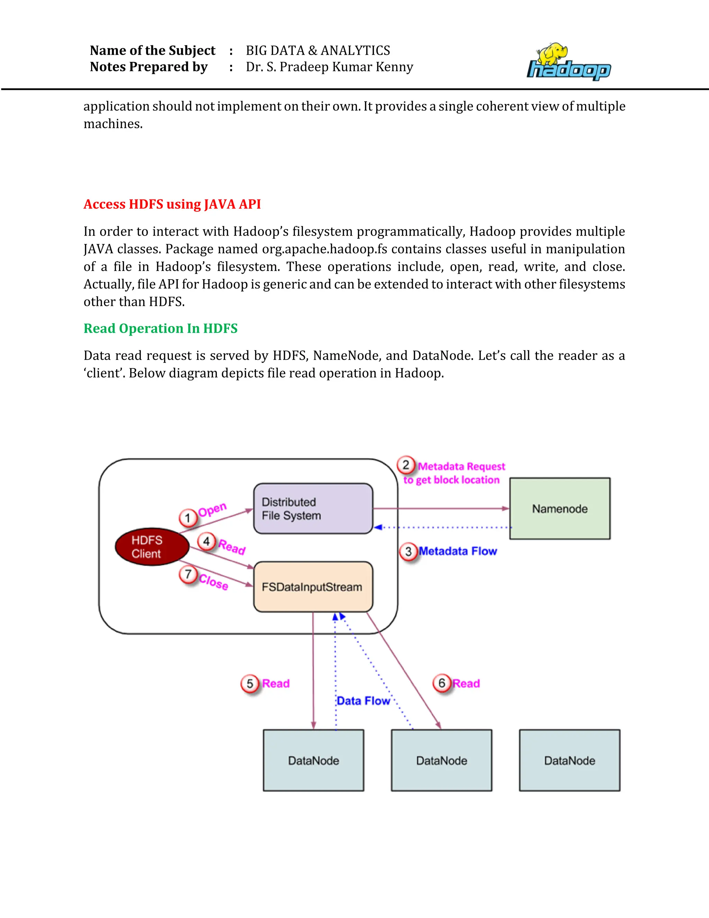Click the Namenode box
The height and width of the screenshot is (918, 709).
[559, 509]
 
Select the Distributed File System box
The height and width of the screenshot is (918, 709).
[313, 509]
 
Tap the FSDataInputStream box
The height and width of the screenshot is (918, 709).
[313, 587]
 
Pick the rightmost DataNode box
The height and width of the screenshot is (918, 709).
[569, 760]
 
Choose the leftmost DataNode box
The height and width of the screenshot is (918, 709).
[313, 760]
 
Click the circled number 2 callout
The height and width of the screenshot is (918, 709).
[406, 465]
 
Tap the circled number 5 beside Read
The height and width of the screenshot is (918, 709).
[250, 683]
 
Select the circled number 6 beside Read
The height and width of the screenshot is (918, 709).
[442, 683]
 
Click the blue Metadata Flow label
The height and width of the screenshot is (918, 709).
[458, 551]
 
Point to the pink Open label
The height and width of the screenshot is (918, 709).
[213, 510]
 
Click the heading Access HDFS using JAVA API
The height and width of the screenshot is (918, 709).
[172, 204]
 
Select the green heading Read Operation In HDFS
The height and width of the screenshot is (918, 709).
[160, 328]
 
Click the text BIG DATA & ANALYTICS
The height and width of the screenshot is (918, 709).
[318, 51]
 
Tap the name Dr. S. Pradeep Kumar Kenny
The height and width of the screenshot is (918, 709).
[329, 67]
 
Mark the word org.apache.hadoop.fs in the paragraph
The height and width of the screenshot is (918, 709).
[325, 249]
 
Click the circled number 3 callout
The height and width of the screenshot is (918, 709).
[408, 551]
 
